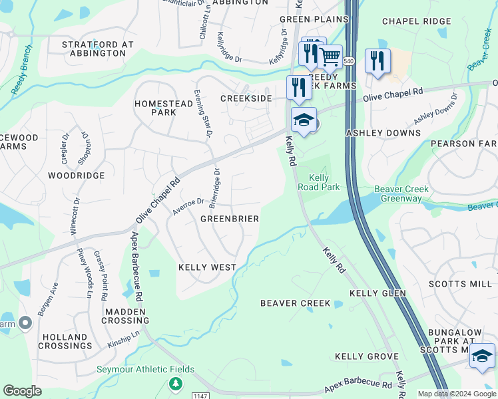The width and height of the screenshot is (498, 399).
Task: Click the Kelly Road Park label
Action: pyautogui.click(x=324, y=182)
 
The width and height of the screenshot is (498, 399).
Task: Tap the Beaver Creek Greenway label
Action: pyautogui.click(x=398, y=194)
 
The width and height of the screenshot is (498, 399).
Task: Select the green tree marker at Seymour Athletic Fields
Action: pyautogui.click(x=175, y=384)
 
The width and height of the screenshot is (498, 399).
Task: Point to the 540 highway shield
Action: pyautogui.click(x=348, y=61)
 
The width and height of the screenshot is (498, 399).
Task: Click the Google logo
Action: pyautogui.click(x=22, y=391)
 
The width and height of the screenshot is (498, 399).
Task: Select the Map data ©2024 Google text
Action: pyautogui.click(x=457, y=394)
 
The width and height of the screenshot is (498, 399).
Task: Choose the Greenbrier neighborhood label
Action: pyautogui.click(x=230, y=219)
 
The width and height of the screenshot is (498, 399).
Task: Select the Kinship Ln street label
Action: pyautogui.click(x=124, y=341)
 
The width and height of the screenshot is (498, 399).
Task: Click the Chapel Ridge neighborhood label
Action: pyautogui.click(x=417, y=21)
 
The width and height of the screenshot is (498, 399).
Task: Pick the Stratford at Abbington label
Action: pyautogui.click(x=98, y=49)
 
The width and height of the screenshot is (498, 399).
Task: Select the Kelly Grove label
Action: pyautogui.click(x=366, y=357)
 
